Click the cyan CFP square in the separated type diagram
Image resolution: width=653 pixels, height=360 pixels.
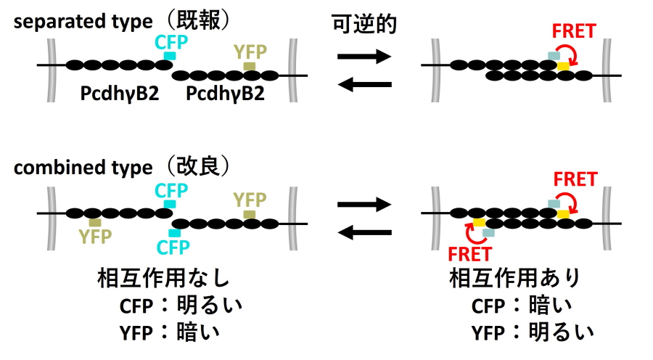coord(170,56)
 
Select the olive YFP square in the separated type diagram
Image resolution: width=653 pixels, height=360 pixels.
coord(250,67)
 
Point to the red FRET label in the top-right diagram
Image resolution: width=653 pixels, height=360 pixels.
coord(574,31)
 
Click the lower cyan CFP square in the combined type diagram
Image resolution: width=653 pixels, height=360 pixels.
coord(174,233)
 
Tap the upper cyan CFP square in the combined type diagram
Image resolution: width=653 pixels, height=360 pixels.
coord(170,205)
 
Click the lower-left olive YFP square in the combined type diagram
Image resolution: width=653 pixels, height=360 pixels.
coord(95,222)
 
